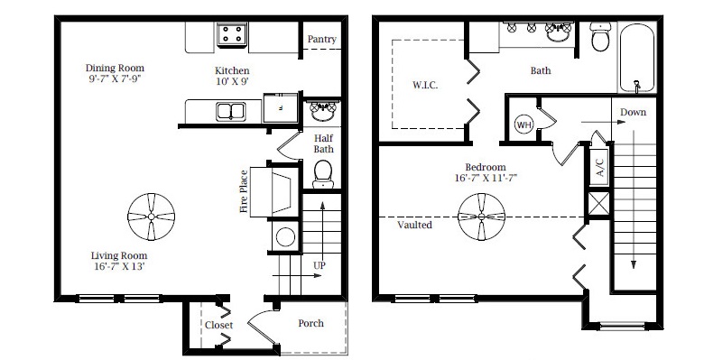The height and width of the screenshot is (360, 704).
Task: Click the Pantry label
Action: point(322,39)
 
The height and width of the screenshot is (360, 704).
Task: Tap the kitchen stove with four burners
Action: point(232,34)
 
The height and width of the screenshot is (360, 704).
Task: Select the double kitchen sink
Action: point(230,111)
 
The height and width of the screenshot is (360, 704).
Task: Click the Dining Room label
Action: point(115,69)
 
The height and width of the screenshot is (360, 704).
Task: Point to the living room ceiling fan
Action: point(152,217)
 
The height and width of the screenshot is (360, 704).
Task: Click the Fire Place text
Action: point(244,191)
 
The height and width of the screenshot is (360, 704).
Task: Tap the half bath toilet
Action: point(323,174)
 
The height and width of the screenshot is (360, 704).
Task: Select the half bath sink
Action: point(323,111)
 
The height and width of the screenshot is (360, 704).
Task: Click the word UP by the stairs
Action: point(320,265)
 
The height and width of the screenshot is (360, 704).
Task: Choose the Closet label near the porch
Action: point(219,325)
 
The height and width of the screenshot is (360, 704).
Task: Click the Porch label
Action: point(310,323)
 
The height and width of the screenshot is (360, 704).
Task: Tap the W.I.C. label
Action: point(425,85)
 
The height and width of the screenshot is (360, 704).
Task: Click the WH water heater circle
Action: point(524,125)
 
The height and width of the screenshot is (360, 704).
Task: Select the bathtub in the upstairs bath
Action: point(637,58)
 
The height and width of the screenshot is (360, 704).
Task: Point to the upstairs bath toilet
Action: point(600,37)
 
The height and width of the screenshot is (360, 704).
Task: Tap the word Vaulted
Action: point(414,225)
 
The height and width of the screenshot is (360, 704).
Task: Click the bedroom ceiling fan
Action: point(482,217)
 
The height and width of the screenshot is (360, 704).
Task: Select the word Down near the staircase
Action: point(633,112)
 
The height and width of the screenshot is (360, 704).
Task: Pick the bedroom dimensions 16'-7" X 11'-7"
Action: point(486,178)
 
